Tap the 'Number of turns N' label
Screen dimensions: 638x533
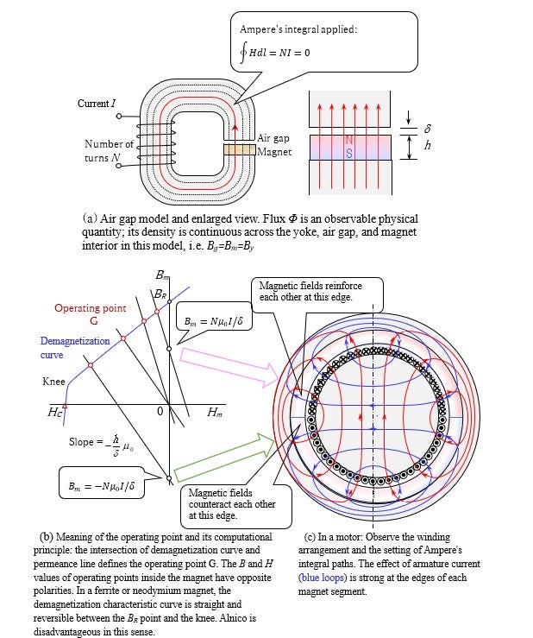tap(109, 151)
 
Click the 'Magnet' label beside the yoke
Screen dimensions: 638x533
tap(275, 152)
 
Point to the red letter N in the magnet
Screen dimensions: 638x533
tap(348, 140)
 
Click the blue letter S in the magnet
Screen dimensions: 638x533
tap(348, 154)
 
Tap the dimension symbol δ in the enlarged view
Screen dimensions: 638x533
tap(427, 126)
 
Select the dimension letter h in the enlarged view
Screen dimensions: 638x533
tap(427, 146)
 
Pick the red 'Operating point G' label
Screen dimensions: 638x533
tap(90, 313)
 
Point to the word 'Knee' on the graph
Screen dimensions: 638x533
tap(53, 380)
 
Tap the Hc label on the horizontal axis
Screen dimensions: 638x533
tap(55, 414)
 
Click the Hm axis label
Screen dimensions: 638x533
tap(216, 414)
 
